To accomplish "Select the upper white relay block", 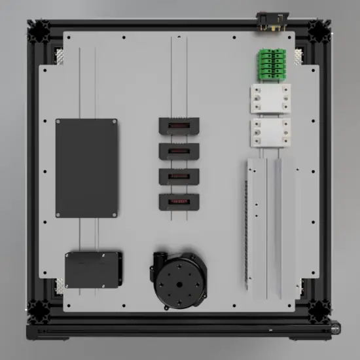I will pos(270,100).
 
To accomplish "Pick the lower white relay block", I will pos(270,133).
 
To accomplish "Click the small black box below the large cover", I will pos(93,270).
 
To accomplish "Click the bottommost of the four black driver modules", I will pos(178,202).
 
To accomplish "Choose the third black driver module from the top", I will pos(178,177).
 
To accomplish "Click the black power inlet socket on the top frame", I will pos(269,21).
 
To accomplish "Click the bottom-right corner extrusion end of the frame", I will pos(319,308).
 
